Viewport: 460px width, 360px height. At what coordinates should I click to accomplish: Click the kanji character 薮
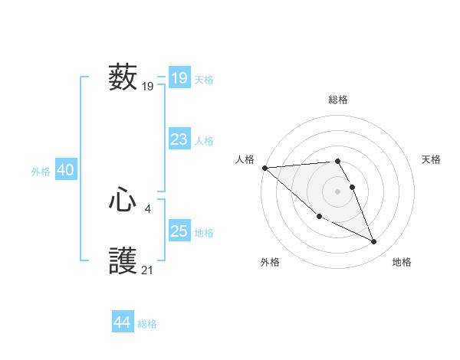[x=123, y=78]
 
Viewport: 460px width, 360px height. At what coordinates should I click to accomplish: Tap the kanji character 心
[x=123, y=201]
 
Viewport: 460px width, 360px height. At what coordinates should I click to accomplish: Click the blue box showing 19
[x=179, y=78]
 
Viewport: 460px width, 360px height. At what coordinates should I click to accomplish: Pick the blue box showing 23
[x=179, y=139]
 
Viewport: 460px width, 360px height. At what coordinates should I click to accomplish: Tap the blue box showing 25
[x=179, y=231]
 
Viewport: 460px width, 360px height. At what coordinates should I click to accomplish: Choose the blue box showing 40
[x=65, y=170]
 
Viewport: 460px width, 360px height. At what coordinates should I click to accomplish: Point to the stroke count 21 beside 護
[x=148, y=270]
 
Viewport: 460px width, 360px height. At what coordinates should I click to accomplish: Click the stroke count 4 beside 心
[x=147, y=208]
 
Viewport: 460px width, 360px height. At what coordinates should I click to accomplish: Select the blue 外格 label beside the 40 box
[x=41, y=172]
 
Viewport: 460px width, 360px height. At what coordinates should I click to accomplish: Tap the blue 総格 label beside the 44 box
[x=147, y=324]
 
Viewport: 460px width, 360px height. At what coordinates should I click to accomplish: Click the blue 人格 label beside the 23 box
[x=204, y=141]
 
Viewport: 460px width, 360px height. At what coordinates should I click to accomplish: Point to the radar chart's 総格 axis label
[x=338, y=100]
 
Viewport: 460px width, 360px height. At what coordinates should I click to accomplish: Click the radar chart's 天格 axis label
[x=431, y=159]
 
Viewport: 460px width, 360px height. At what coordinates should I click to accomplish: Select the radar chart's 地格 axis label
[x=402, y=262]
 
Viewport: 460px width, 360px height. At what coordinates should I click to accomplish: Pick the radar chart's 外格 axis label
[x=270, y=262]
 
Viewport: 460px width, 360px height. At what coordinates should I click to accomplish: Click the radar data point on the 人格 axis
[x=264, y=168]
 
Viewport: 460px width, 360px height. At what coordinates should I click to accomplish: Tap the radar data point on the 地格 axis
[x=374, y=242]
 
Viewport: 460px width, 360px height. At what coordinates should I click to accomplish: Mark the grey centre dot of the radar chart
[x=337, y=191]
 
